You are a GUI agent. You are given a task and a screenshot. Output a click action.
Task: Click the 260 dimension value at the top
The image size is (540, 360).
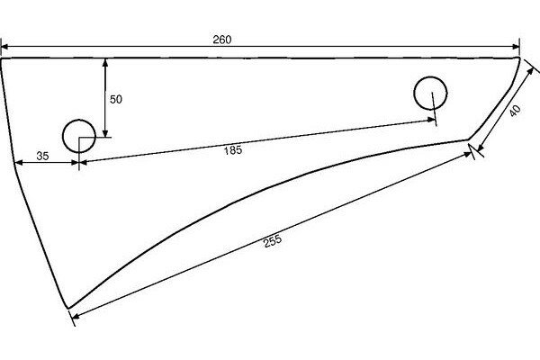[x=222, y=39]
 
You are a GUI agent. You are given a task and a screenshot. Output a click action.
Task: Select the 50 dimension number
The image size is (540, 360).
[x=115, y=99]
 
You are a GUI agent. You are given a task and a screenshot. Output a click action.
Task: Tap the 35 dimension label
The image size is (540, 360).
[x=42, y=156]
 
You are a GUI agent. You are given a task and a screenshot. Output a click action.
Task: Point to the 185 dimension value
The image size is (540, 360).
[x=232, y=151]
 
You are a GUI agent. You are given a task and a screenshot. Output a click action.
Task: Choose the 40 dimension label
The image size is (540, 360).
[x=514, y=112]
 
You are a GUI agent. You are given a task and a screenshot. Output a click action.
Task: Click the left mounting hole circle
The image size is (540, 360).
[x=77, y=136]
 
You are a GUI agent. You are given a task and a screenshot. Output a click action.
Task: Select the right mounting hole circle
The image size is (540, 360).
[x=430, y=93]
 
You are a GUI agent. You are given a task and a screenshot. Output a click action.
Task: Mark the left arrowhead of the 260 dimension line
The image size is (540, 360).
[x=5, y=47]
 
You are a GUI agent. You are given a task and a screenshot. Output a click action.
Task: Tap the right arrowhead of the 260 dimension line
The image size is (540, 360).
[x=517, y=47]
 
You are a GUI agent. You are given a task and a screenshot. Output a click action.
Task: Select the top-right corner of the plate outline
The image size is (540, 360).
[x=520, y=57]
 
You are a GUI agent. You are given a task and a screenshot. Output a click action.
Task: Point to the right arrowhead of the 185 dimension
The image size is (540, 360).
[x=436, y=121]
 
